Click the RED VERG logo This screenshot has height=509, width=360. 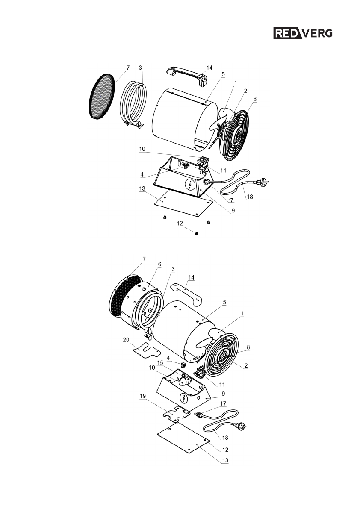(303, 33)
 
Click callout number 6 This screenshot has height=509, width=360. (159, 264)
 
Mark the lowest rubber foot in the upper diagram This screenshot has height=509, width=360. (197, 234)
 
